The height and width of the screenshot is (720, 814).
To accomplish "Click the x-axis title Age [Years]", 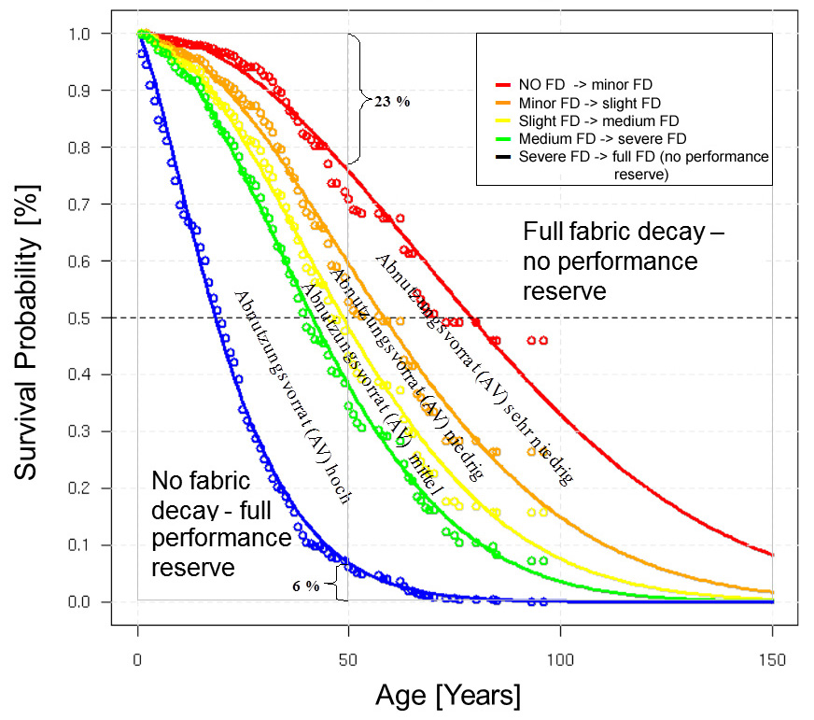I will [x=448, y=695].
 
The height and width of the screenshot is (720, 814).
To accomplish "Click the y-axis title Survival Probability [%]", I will [x=30, y=318].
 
